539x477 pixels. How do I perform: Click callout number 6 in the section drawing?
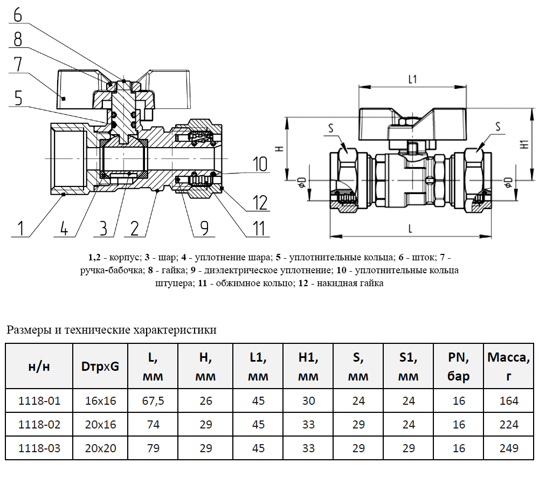[18, 14]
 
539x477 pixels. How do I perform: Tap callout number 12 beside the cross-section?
[259, 203]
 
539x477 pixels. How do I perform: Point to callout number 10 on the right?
[259, 164]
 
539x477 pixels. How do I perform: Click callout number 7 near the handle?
[18, 64]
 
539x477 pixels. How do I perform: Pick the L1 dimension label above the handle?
[412, 80]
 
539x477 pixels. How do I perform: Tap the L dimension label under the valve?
[410, 229]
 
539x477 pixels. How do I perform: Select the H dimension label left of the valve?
[279, 148]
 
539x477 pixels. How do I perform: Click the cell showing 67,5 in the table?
[153, 401]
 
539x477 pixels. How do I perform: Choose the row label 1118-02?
[39, 425]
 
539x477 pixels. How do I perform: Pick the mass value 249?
[508, 448]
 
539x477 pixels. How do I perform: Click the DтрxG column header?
[100, 367]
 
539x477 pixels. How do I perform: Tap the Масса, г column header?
[508, 367]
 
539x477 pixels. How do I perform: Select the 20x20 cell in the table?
[100, 448]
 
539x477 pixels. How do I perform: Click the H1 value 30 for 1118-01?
[308, 401]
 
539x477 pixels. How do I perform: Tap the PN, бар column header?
[459, 367]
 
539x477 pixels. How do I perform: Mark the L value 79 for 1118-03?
[153, 448]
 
